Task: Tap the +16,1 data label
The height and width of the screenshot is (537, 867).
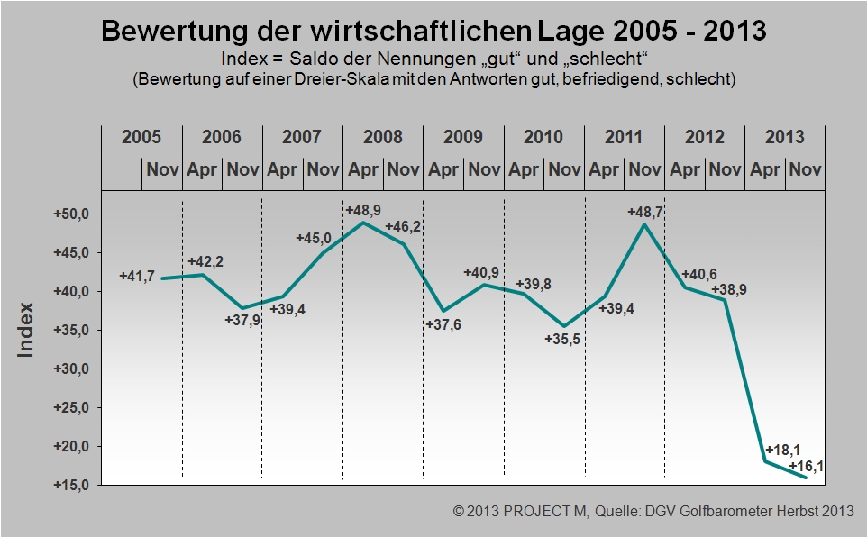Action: (x=807, y=466)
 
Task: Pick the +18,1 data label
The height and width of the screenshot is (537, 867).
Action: (x=782, y=450)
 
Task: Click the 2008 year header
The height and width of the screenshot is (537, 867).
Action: (x=383, y=138)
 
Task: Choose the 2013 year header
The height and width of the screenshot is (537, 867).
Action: (x=784, y=138)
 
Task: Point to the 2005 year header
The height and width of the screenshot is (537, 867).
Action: (x=141, y=138)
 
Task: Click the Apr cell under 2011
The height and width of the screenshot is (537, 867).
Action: (x=604, y=169)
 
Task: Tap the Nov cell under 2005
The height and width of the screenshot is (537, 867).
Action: (x=161, y=169)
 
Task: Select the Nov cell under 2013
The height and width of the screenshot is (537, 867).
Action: (x=805, y=169)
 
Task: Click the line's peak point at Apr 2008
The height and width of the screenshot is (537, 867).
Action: (x=363, y=223)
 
